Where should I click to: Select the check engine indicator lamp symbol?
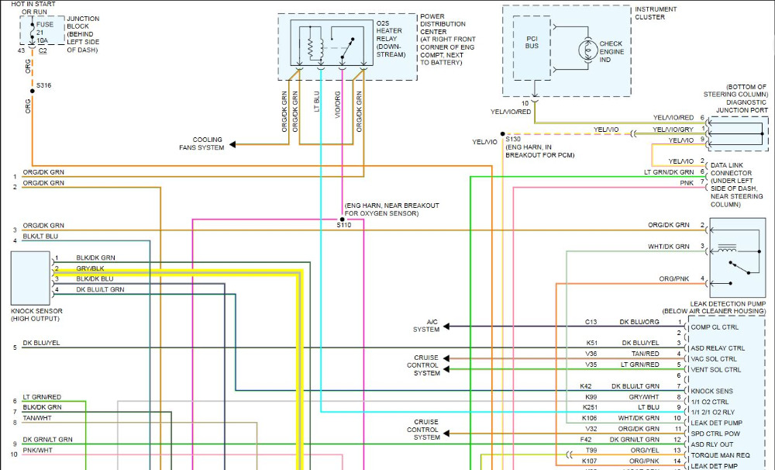[x=584, y=49]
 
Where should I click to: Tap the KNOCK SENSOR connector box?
[x=31, y=278]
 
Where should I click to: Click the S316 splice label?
[x=43, y=85]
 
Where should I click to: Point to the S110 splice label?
[x=343, y=226]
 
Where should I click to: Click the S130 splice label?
[x=513, y=139]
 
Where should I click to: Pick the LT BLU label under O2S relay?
[x=317, y=105]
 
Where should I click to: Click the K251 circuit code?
[x=591, y=407]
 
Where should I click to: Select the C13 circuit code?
[x=591, y=321]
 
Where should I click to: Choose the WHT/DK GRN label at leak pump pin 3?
[x=668, y=247]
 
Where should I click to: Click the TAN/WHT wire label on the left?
[x=37, y=418]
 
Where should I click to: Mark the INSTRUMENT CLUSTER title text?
[x=656, y=13]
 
